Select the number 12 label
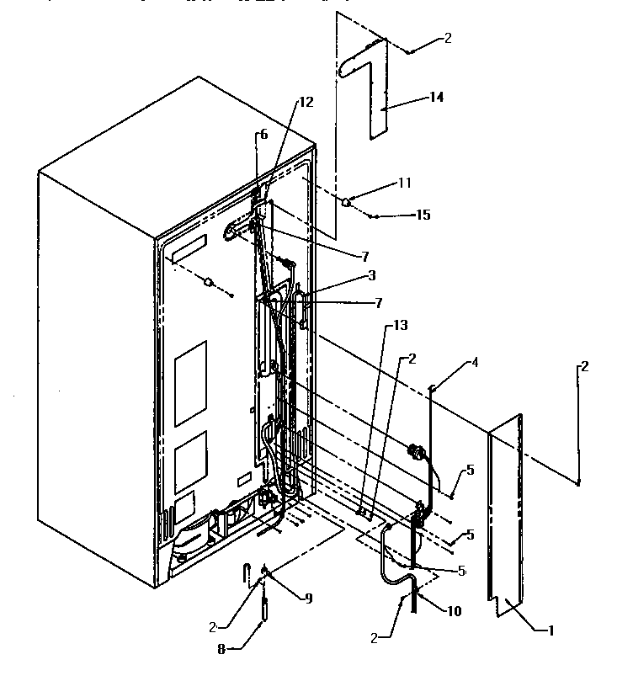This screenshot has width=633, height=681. pyautogui.click(x=304, y=103)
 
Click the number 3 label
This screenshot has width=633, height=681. pyautogui.click(x=372, y=274)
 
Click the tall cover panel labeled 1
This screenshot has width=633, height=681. pyautogui.click(x=505, y=513)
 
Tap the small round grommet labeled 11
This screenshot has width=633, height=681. pyautogui.click(x=346, y=201)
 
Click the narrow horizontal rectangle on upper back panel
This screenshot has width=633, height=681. pyautogui.click(x=189, y=250)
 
